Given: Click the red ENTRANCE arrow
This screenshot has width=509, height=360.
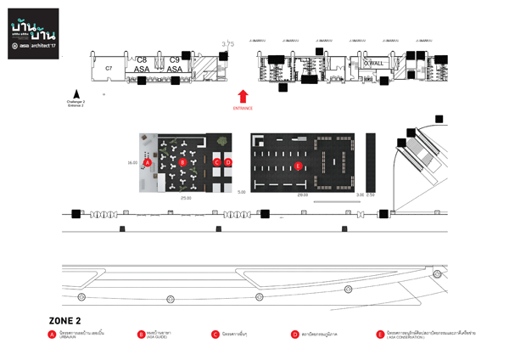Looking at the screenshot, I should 243,96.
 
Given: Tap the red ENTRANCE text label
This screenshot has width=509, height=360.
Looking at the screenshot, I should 243,109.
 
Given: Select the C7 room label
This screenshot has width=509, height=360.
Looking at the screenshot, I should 109,67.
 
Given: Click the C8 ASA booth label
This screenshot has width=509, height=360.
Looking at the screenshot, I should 142,65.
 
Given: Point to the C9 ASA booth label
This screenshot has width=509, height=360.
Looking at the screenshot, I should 174,65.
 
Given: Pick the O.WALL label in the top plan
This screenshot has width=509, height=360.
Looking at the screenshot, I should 373,64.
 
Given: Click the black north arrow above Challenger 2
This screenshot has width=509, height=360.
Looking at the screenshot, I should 76,94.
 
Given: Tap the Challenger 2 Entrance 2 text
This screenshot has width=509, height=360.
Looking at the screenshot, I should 76,102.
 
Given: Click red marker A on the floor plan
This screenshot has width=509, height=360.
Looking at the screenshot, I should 148,161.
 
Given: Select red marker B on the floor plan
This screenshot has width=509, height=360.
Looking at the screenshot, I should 182,161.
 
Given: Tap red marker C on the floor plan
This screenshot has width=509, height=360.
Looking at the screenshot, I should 217,161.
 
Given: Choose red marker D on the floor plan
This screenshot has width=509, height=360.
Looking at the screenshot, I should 227,161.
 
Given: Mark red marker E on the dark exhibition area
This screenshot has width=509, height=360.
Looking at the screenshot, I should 298,166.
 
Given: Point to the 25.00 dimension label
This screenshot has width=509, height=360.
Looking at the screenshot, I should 186,197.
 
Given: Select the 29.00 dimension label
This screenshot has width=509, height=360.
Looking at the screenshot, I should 302,194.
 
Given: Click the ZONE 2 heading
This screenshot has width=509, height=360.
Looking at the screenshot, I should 64,320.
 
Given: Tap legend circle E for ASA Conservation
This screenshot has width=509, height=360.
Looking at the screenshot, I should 380,335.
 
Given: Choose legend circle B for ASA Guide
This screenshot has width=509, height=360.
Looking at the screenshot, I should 141,335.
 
